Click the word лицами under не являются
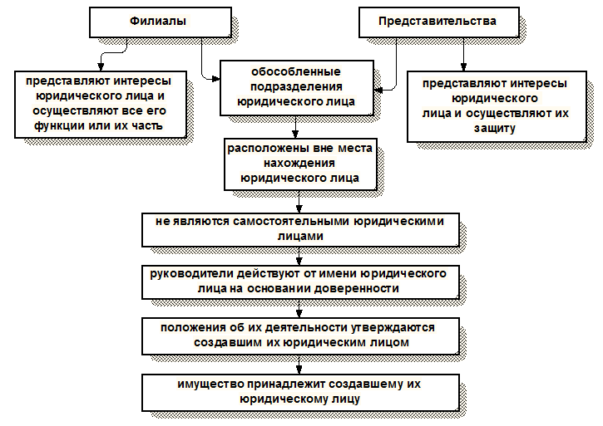(x=299, y=236)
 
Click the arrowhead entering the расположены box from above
(x=296, y=135)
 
